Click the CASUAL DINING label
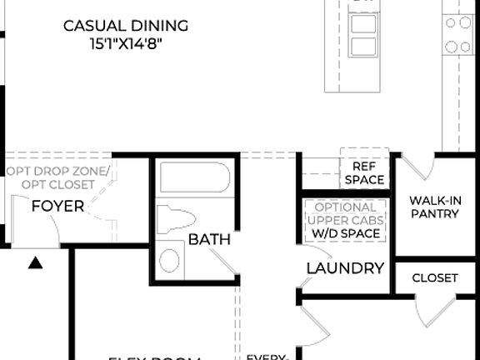pos(126,25)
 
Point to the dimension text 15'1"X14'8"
pos(126,43)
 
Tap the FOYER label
pos(57,206)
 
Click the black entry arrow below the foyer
pos(35,263)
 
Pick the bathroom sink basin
pos(169,260)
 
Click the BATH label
pos(209,240)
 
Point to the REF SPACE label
pos(363,172)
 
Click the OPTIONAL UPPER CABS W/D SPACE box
pos(345,221)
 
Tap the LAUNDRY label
pos(345,268)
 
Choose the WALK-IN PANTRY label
pos(434,207)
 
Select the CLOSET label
pos(435,277)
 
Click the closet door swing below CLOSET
pos(430,311)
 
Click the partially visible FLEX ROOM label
pos(156,357)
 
